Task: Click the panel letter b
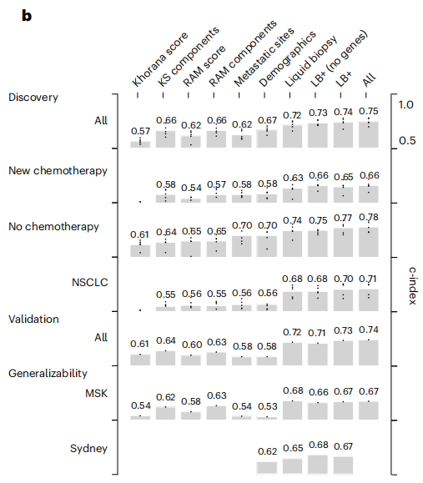[27, 15]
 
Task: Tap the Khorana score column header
[159, 59]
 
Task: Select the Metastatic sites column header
[264, 57]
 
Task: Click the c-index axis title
[412, 286]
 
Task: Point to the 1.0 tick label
[405, 105]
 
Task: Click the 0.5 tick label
[407, 141]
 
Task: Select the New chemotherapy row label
[58, 171]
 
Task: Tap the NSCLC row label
[89, 283]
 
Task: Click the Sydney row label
[88, 449]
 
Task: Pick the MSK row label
[96, 394]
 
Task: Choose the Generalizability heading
[48, 374]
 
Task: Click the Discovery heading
[33, 98]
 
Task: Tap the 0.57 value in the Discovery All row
[140, 131]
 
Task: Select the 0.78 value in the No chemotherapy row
[369, 218]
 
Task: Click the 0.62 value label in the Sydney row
[268, 451]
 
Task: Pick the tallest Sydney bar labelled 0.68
[318, 465]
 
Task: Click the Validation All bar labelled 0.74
[369, 353]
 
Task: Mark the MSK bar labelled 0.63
[216, 413]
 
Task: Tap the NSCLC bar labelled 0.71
[369, 300]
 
